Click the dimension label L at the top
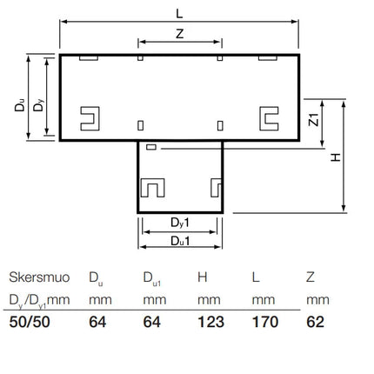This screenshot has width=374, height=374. [179, 13]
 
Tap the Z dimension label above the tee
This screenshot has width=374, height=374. [180, 34]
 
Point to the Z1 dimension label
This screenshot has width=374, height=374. [314, 119]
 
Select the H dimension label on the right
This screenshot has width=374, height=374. [336, 157]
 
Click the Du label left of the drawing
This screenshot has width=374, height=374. [20, 105]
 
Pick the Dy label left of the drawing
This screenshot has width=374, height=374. [38, 105]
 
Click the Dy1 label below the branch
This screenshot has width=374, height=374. [180, 223]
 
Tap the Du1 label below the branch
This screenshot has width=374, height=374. [180, 241]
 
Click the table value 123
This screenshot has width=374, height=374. [210, 322]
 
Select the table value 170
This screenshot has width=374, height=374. [265, 322]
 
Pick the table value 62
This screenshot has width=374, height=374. [315, 322]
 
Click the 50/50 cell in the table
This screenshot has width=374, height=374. [30, 322]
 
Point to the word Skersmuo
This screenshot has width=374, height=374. [39, 277]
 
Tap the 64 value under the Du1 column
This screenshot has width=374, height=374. [151, 322]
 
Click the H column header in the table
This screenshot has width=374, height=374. [203, 277]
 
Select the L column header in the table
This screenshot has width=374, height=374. [256, 277]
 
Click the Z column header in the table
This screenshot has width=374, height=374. [311, 277]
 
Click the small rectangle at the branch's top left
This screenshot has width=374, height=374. [151, 147]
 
